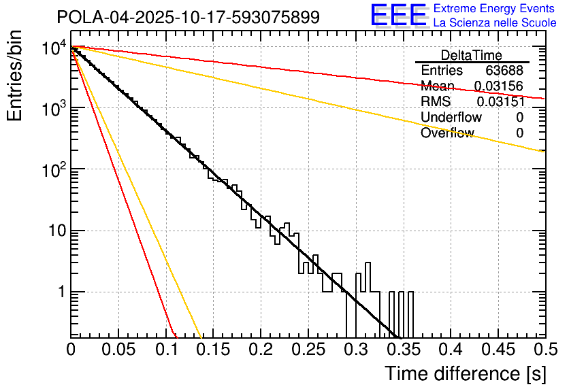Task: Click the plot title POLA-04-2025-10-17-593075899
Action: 188,18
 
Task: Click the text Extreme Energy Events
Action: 495,9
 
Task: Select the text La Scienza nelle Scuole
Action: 495,23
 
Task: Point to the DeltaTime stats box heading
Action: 472,55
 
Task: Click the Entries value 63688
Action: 504,71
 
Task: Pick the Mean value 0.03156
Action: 499,86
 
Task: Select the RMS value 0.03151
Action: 500,102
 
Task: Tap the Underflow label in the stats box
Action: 451,118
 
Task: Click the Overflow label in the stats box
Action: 447,133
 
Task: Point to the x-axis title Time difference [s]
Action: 464,373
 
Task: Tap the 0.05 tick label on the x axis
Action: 118,350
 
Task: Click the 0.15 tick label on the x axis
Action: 213,350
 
